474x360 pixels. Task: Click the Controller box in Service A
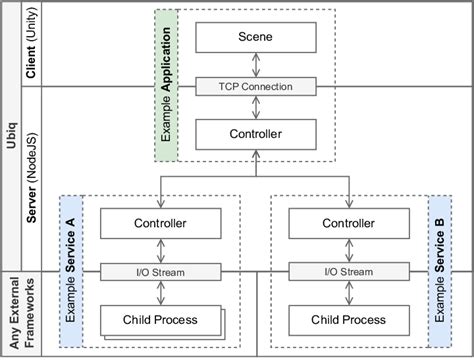[160, 223]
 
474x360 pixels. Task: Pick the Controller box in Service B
[349, 223]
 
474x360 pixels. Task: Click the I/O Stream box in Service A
[160, 271]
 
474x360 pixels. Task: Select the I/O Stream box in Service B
[349, 271]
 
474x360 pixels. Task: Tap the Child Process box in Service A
[160, 319]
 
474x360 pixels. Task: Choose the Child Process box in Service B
[349, 319]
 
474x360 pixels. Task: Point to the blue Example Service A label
[71, 271]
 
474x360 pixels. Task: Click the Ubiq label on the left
[13, 130]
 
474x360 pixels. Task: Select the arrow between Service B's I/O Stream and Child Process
[349, 292]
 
